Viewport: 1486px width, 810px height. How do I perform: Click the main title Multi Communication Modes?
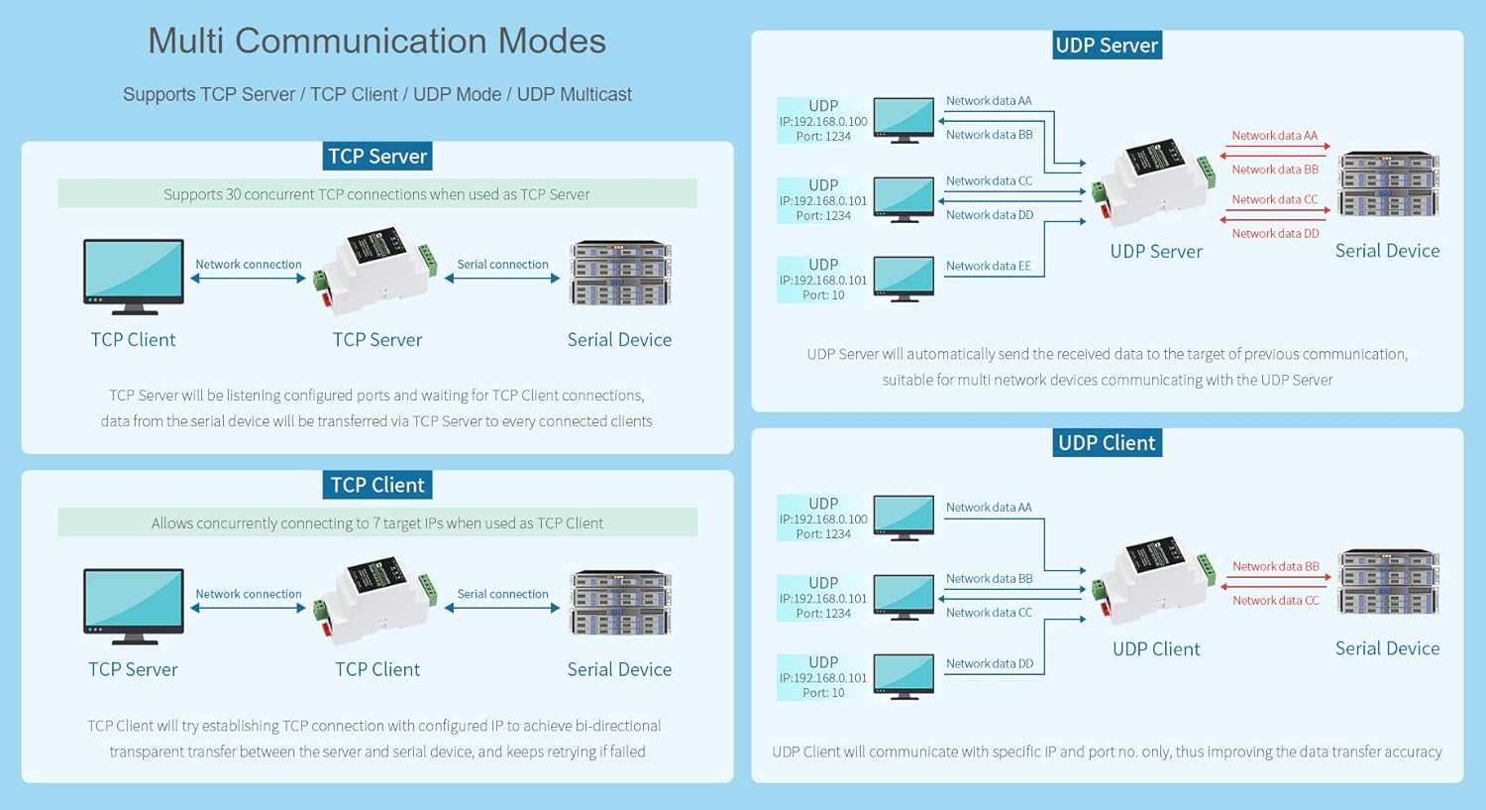(x=376, y=42)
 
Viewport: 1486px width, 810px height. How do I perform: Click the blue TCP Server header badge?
(x=377, y=157)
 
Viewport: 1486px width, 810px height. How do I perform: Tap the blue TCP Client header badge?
(x=377, y=485)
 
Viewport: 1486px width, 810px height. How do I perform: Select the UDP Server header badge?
(x=1107, y=46)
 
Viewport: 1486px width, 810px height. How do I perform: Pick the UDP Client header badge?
(x=1107, y=443)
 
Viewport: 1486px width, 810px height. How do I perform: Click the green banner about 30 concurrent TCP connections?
(x=376, y=194)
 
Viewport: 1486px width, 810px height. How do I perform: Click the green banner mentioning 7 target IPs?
(x=376, y=522)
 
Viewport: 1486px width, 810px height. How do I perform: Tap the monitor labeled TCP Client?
(x=134, y=275)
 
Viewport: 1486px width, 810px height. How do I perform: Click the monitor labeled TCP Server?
(x=134, y=604)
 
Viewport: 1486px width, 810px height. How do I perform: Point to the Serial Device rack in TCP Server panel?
(x=620, y=273)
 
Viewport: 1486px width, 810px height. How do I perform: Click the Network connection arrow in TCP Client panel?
(x=248, y=608)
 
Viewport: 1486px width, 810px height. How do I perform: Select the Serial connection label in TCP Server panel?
(x=502, y=265)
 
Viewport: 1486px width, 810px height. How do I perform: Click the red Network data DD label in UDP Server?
(x=1275, y=234)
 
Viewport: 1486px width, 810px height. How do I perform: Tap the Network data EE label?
(x=988, y=266)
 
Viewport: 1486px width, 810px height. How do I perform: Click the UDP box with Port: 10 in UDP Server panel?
(x=822, y=280)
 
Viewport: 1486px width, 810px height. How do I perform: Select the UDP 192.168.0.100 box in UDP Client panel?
(x=822, y=519)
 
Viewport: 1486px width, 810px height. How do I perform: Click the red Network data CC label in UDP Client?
(x=1275, y=601)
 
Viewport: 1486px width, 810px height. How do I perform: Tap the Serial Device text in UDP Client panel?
(x=1387, y=648)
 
